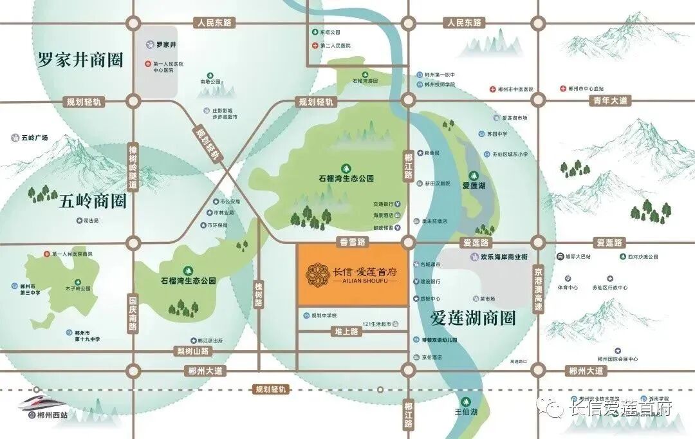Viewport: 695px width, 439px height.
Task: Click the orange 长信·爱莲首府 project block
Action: pyautogui.click(x=352, y=275)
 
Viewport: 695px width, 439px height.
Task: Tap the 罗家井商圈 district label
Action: pyautogui.click(x=80, y=61)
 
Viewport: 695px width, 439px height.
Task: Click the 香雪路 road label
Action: pyautogui.click(x=351, y=243)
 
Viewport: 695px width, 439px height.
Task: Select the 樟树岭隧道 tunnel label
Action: pyautogui.click(x=133, y=165)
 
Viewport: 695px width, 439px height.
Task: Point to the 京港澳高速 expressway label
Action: pyautogui.click(x=538, y=290)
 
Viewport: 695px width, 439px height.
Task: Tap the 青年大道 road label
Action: pyautogui.click(x=610, y=100)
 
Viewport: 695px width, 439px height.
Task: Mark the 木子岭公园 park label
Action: pyautogui.click(x=78, y=289)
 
